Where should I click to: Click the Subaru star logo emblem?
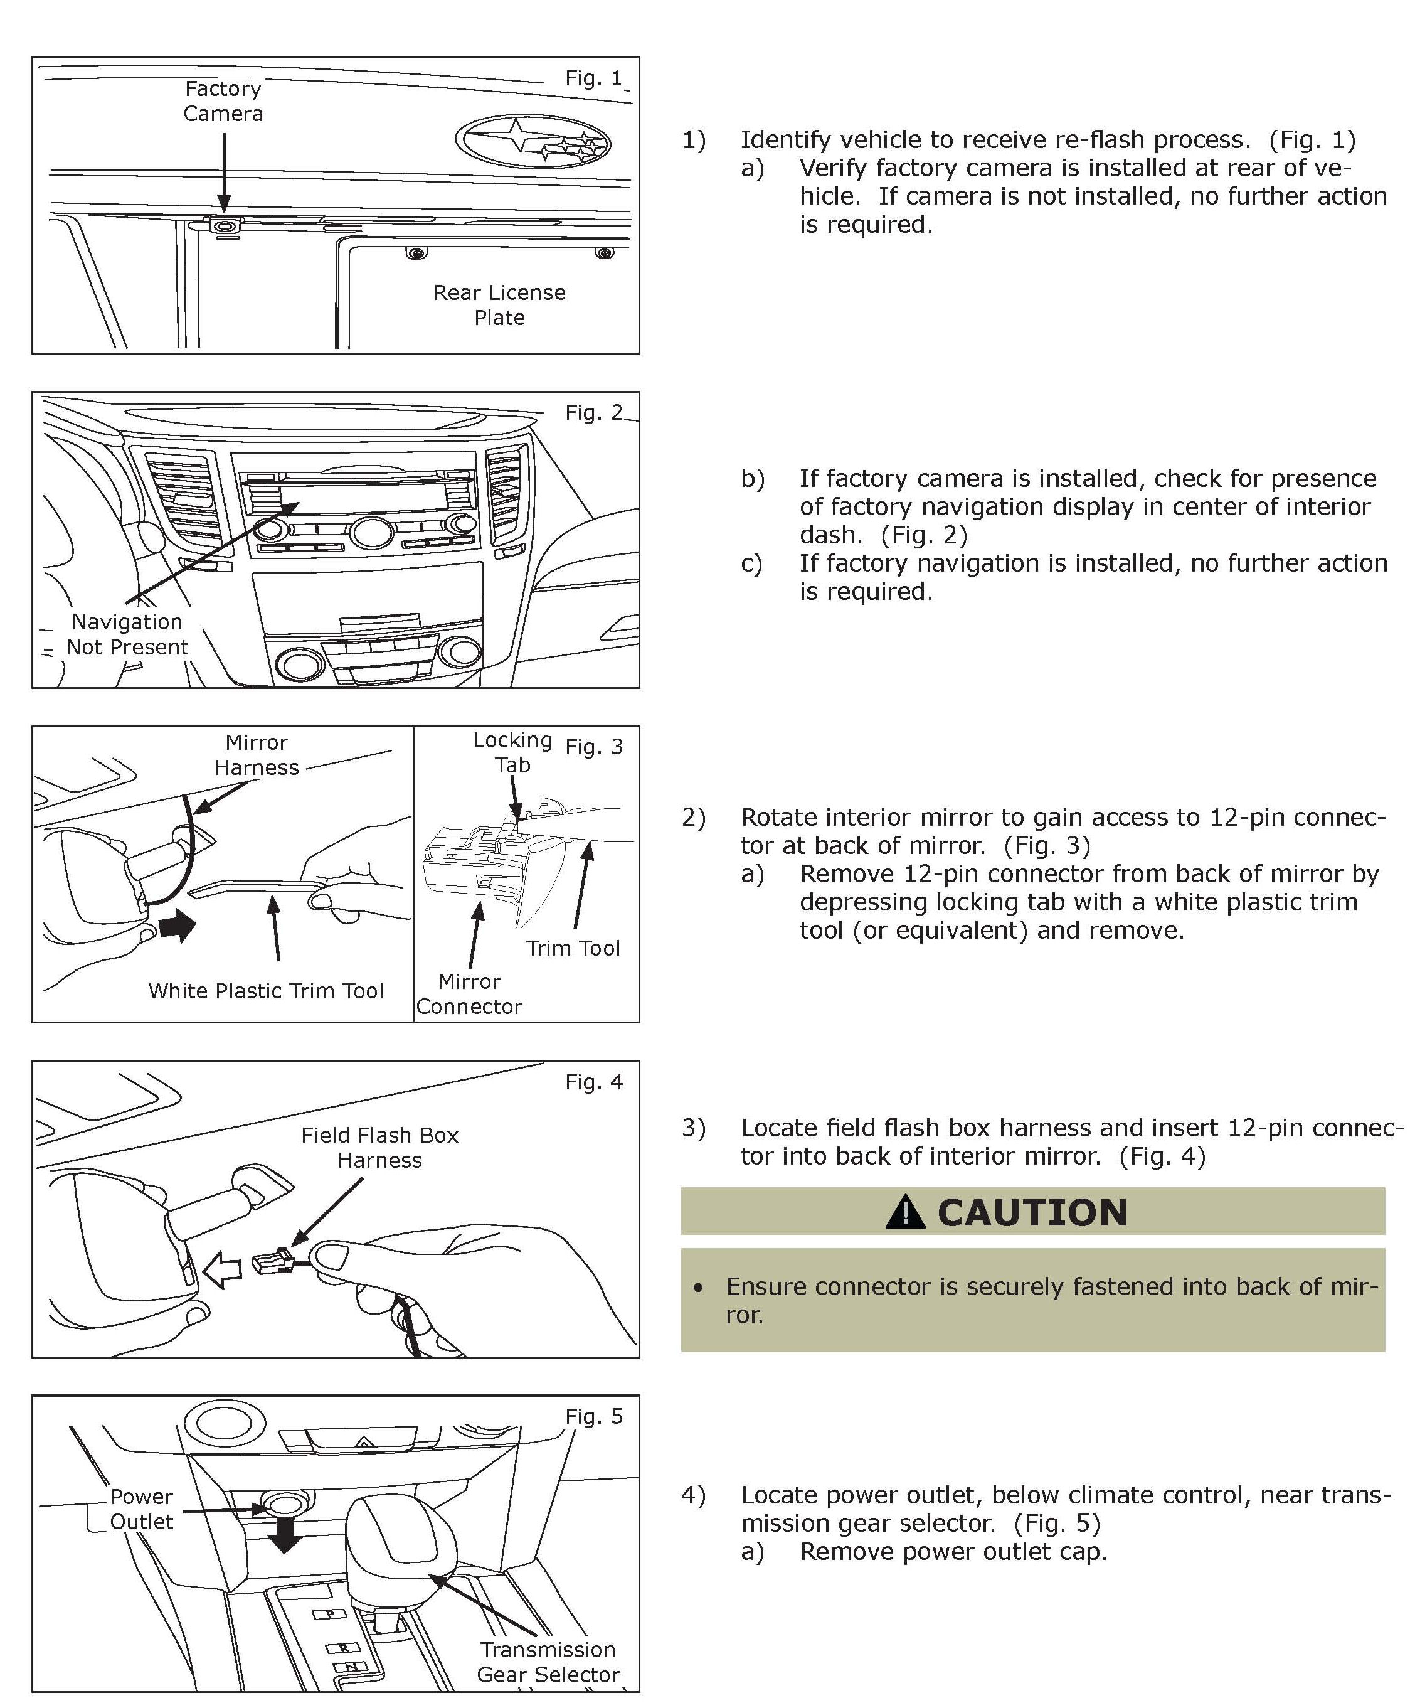tap(532, 142)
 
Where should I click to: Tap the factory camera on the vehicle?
tap(225, 225)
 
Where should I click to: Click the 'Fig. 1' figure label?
tap(593, 78)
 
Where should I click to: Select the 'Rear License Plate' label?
tap(499, 305)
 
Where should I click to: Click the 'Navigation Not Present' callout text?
tap(127, 634)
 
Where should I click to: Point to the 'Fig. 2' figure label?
tap(593, 413)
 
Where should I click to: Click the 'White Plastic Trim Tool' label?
tap(266, 990)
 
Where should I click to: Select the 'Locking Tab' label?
tap(512, 752)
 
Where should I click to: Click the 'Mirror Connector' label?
tap(469, 994)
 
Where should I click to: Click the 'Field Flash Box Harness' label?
tap(379, 1148)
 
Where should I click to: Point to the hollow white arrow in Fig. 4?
tap(222, 1269)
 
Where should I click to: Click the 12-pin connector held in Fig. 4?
tap(274, 1261)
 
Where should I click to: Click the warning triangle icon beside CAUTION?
tap(905, 1213)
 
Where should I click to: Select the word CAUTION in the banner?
tap(1032, 1213)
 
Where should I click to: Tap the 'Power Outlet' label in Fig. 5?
tap(142, 1508)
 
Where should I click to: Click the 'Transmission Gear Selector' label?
tap(548, 1662)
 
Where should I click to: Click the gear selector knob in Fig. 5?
tap(391, 1533)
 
